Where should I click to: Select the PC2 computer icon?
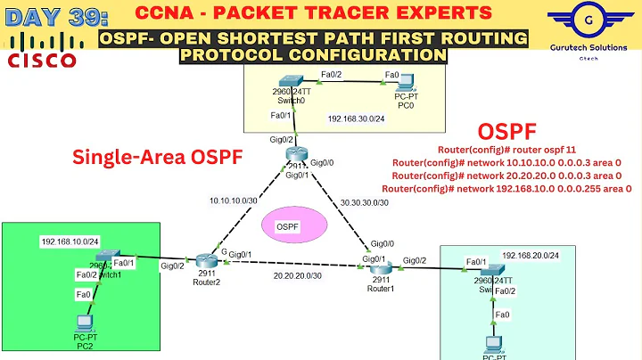[84, 322]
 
